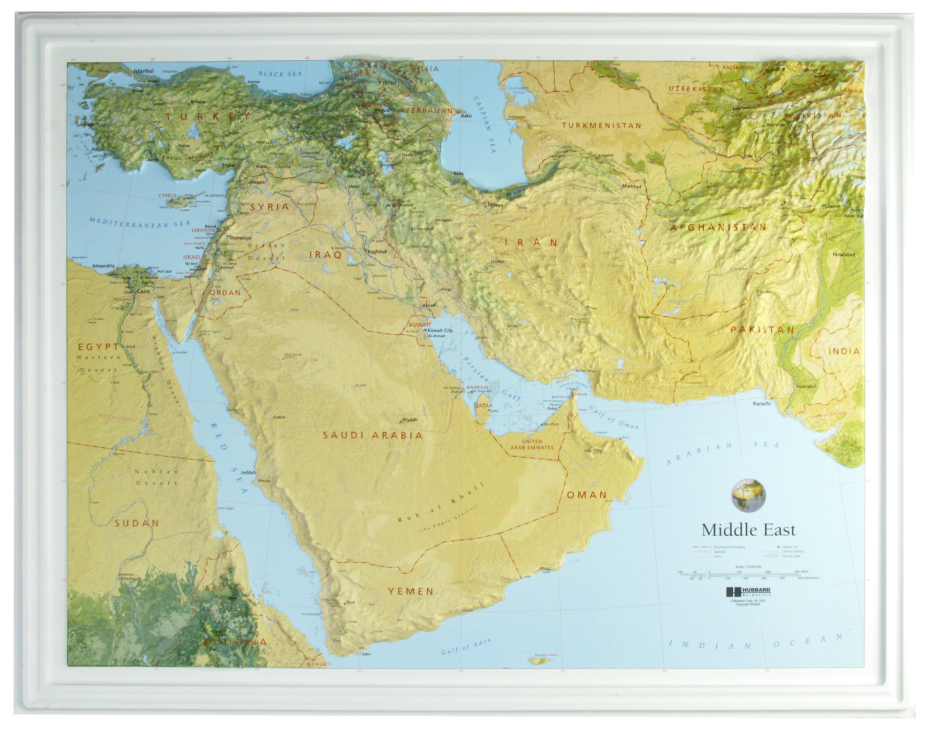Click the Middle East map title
748,530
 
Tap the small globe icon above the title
748,495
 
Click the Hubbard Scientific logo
748,592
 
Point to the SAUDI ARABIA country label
373,436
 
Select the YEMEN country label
411,591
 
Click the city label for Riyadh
409,420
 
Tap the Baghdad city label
377,252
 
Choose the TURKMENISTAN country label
601,126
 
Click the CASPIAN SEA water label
485,124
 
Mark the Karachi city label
762,403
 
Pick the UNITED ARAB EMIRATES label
532,444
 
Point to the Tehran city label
495,205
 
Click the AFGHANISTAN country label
718,227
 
